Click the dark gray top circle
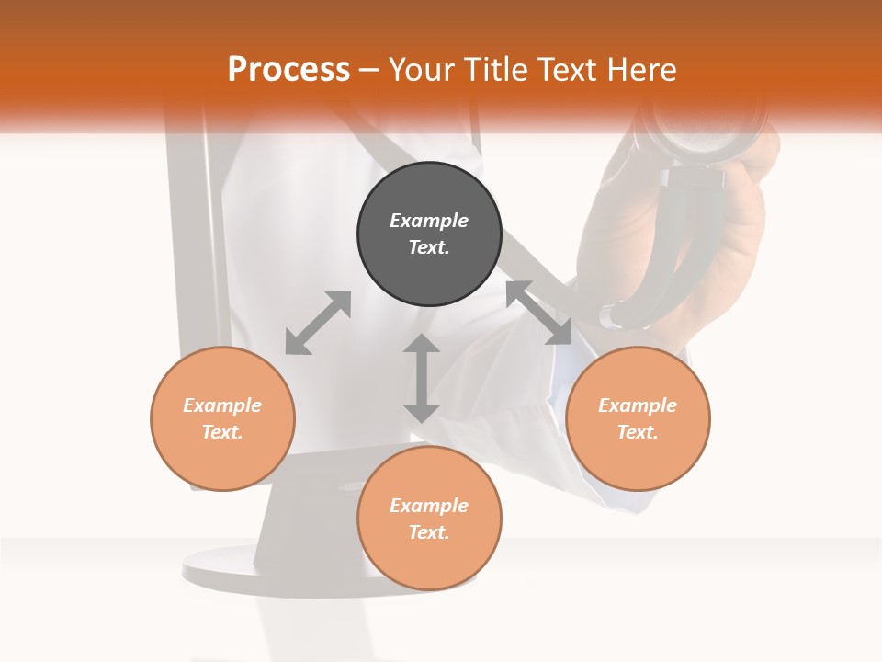(x=429, y=234)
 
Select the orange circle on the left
(x=222, y=418)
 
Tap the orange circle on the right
(x=638, y=418)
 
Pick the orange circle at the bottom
(x=429, y=519)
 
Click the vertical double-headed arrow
(x=422, y=378)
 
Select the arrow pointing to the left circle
(x=318, y=323)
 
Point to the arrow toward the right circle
(x=539, y=313)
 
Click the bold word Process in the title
(x=288, y=69)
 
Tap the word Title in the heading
(x=494, y=70)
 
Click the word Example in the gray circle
(x=429, y=221)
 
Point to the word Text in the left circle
(x=222, y=432)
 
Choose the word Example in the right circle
(x=638, y=405)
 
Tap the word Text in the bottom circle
(x=429, y=532)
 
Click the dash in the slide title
(x=369, y=70)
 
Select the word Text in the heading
(x=566, y=70)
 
